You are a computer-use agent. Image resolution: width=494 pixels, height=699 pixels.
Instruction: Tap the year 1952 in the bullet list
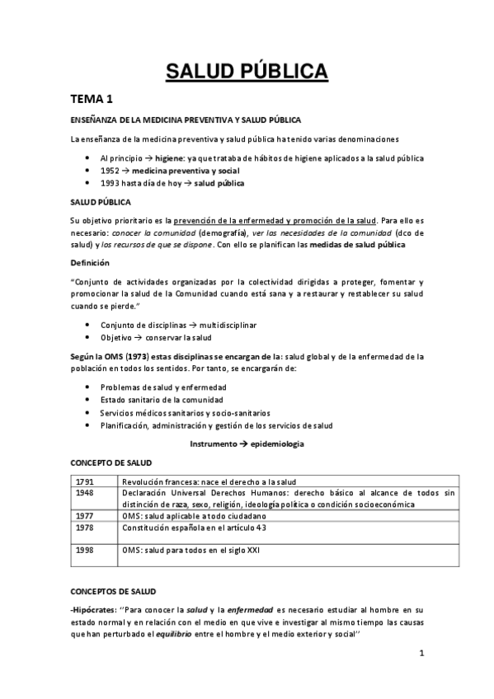pyautogui.click(x=111, y=169)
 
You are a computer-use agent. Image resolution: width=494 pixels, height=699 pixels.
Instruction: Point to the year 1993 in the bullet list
pyautogui.click(x=111, y=182)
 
